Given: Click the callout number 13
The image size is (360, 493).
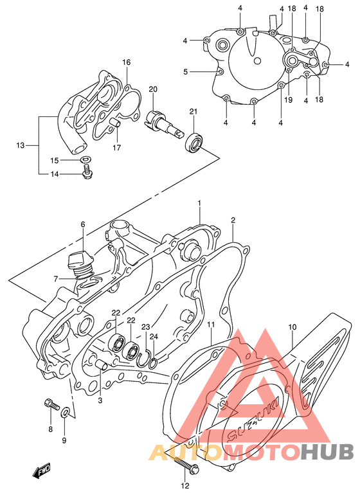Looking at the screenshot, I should pyautogui.click(x=19, y=145).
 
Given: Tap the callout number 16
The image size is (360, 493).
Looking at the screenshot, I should pyautogui.click(x=127, y=62).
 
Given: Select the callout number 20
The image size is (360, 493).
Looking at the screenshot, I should pyautogui.click(x=153, y=89).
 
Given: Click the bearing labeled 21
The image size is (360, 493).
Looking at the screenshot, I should pyautogui.click(x=194, y=143).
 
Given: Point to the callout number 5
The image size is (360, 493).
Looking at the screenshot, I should pyautogui.click(x=186, y=72).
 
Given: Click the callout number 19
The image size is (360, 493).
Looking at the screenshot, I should pyautogui.click(x=288, y=100).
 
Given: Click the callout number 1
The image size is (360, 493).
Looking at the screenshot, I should pyautogui.click(x=199, y=204).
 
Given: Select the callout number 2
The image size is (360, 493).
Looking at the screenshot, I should pyautogui.click(x=233, y=220).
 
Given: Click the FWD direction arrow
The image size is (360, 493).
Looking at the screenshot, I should pyautogui.click(x=44, y=474).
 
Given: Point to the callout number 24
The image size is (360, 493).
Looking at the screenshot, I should pyautogui.click(x=154, y=336).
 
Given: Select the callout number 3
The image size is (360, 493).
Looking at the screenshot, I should pyautogui.click(x=100, y=401).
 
